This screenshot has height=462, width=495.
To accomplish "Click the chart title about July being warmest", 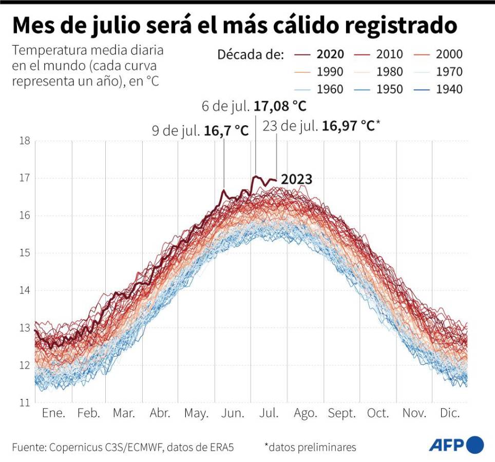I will click(x=234, y=25).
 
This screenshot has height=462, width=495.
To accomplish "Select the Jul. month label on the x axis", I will click(x=269, y=414).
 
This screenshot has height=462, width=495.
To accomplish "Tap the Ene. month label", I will click(x=53, y=414).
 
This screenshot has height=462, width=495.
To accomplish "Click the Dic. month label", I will click(x=450, y=414).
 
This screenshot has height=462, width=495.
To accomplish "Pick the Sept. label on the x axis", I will click(x=341, y=414).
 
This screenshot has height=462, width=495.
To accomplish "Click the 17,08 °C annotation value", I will click(x=280, y=107).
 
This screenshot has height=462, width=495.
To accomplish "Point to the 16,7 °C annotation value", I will click(x=226, y=131).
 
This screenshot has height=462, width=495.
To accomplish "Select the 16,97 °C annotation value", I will click(x=348, y=126).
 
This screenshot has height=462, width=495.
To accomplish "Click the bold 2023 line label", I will click(x=297, y=179).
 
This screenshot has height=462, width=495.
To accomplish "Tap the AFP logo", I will click(x=456, y=444).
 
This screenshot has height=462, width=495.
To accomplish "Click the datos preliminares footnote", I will click(x=310, y=447).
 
